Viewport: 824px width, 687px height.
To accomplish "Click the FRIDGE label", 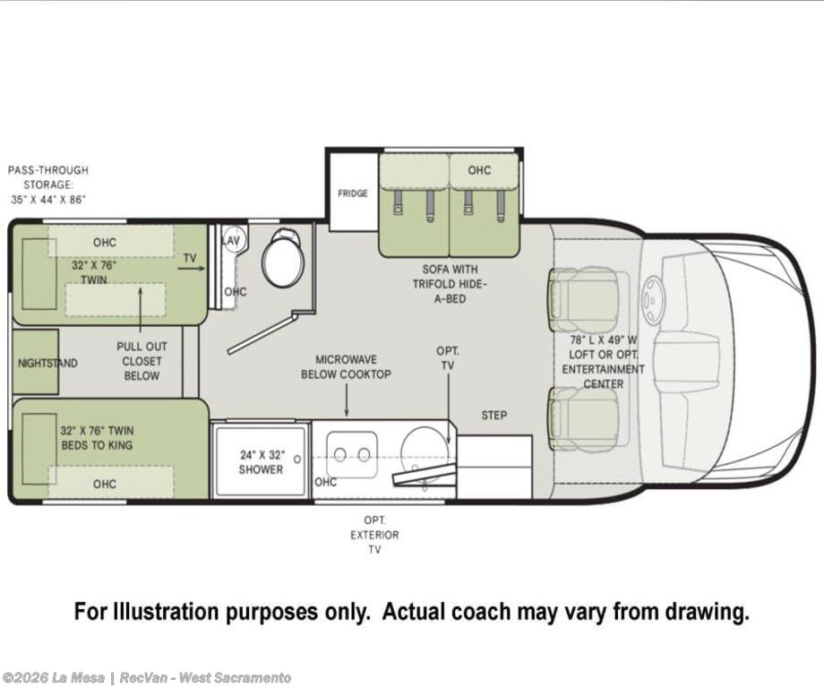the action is click(x=353, y=193).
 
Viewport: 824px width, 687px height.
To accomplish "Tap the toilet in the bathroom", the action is click(x=283, y=258).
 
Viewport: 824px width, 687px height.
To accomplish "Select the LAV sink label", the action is click(x=230, y=241).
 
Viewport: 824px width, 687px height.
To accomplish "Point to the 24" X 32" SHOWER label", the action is click(x=262, y=462).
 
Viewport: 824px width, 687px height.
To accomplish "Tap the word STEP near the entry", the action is click(x=494, y=416).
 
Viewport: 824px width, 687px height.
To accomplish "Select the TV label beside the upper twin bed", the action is click(x=190, y=258).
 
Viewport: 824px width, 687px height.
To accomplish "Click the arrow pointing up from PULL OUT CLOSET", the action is click(x=141, y=310).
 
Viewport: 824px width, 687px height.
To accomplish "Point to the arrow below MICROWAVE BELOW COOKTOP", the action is click(x=347, y=400).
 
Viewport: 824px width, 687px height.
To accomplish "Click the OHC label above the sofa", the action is click(x=479, y=170).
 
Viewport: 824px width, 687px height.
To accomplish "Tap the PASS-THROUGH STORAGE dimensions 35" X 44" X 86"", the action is click(x=47, y=200).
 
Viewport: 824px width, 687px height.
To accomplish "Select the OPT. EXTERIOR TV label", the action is click(x=374, y=535).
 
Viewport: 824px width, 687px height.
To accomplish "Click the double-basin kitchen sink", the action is click(x=352, y=455).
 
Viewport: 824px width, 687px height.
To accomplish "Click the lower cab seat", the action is click(x=583, y=419).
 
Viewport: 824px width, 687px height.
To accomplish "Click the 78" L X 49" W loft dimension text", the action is click(x=604, y=340).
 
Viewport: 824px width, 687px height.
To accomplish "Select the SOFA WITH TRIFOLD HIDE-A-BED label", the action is click(x=451, y=284).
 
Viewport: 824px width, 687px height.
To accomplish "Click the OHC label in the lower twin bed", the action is click(x=104, y=484).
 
